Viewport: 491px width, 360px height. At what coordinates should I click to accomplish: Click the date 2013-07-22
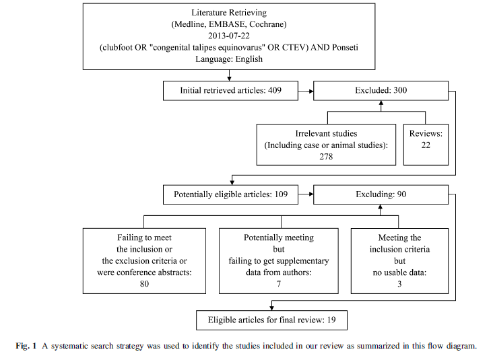pyautogui.click(x=229, y=36)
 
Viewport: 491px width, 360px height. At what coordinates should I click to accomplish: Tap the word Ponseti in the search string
pyautogui.click(x=345, y=48)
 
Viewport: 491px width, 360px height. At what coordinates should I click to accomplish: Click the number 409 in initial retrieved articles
pyautogui.click(x=275, y=90)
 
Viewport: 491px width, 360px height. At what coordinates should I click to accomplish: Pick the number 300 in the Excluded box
pyautogui.click(x=400, y=90)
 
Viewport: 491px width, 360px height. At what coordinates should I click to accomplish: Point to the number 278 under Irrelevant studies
pyautogui.click(x=326, y=157)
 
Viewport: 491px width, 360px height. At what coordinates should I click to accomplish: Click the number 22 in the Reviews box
pyautogui.click(x=426, y=145)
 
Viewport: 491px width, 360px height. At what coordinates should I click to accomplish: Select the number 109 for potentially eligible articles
pyautogui.click(x=281, y=194)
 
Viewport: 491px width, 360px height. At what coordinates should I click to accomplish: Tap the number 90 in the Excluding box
pyautogui.click(x=401, y=194)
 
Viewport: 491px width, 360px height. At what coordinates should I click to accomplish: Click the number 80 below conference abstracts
pyautogui.click(x=144, y=284)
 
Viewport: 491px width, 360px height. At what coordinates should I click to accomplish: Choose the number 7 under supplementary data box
pyautogui.click(x=279, y=284)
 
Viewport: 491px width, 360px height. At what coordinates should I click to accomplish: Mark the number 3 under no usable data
pyautogui.click(x=399, y=284)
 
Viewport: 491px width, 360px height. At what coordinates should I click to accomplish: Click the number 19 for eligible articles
pyautogui.click(x=331, y=320)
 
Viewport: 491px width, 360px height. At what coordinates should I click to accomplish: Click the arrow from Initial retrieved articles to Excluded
pyautogui.click(x=306, y=92)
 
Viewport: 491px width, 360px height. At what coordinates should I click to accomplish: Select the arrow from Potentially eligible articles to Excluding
pyautogui.click(x=306, y=194)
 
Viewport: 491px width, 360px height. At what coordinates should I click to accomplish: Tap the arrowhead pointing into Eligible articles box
pyautogui.click(x=272, y=308)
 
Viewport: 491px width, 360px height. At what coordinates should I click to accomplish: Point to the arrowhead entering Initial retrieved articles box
pyautogui.click(x=229, y=79)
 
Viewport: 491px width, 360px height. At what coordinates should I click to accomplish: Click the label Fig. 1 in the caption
pyautogui.click(x=26, y=346)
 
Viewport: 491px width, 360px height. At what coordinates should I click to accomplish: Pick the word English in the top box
pyautogui.click(x=249, y=59)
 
